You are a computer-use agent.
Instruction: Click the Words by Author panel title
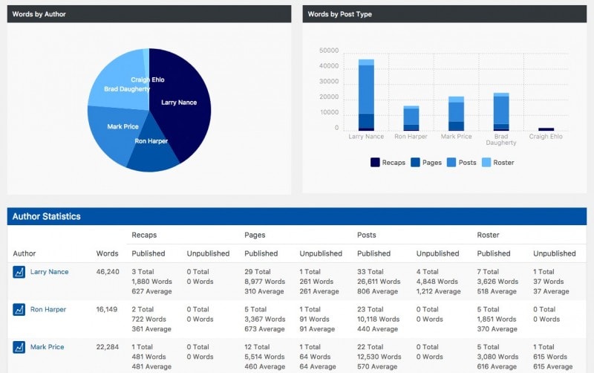(x=39, y=14)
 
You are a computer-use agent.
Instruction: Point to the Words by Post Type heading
(x=340, y=14)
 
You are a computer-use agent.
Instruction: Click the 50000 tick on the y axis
(x=328, y=51)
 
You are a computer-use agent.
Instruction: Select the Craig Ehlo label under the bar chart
(x=546, y=137)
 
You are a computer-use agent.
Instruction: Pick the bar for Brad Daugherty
(x=501, y=111)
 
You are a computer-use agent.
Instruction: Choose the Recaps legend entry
(x=388, y=162)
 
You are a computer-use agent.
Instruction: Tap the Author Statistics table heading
(x=47, y=216)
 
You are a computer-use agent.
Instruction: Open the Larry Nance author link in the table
(x=49, y=272)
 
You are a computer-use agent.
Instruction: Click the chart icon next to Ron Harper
(x=19, y=309)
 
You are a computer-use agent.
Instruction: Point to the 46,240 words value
(x=108, y=272)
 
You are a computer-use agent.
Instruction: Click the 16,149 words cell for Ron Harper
(x=108, y=309)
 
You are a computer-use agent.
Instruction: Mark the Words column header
(x=107, y=253)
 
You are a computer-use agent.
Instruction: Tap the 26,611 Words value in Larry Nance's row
(x=379, y=282)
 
